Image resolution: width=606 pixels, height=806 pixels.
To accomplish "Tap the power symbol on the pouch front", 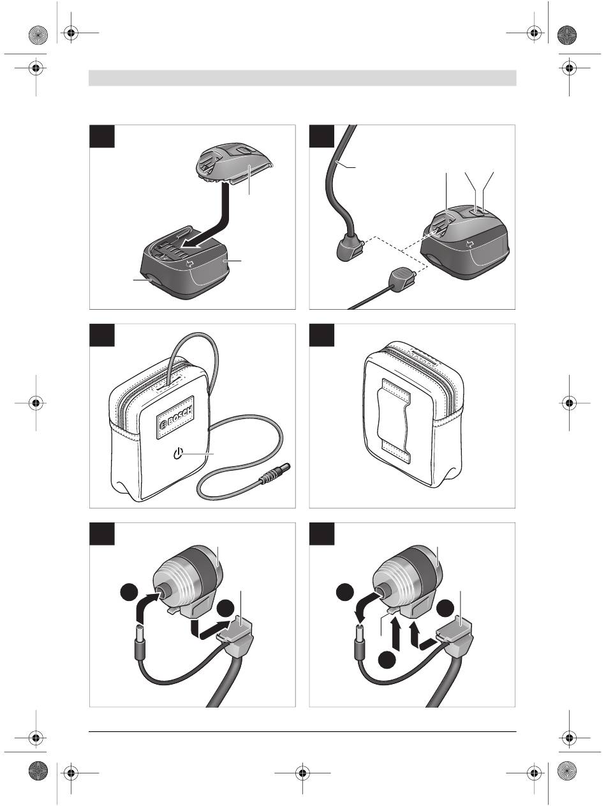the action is [178, 454].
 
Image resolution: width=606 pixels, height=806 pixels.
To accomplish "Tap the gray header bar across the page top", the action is [302, 78].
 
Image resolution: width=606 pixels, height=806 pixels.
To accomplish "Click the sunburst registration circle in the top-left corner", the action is [38, 35].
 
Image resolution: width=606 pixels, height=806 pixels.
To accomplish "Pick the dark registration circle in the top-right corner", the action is [567, 35].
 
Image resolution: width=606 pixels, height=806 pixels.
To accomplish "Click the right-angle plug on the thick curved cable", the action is [350, 248].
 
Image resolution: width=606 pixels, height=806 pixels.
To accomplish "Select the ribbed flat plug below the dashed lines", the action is [404, 277].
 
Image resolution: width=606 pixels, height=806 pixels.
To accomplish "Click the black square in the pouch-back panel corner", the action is [321, 335].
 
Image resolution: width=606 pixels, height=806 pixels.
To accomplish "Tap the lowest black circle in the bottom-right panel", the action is [388, 659].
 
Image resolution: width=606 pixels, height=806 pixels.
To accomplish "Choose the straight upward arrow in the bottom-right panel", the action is [396, 632].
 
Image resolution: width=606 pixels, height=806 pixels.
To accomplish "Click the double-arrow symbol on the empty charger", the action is [189, 263].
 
